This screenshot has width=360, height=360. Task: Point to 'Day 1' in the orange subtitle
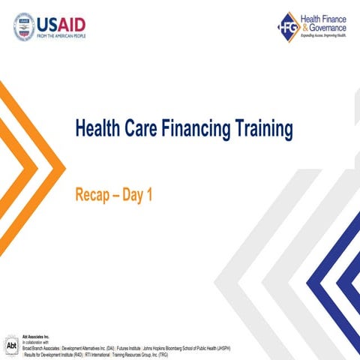click(x=139, y=195)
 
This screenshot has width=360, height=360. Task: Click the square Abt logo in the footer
click(x=11, y=346)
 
